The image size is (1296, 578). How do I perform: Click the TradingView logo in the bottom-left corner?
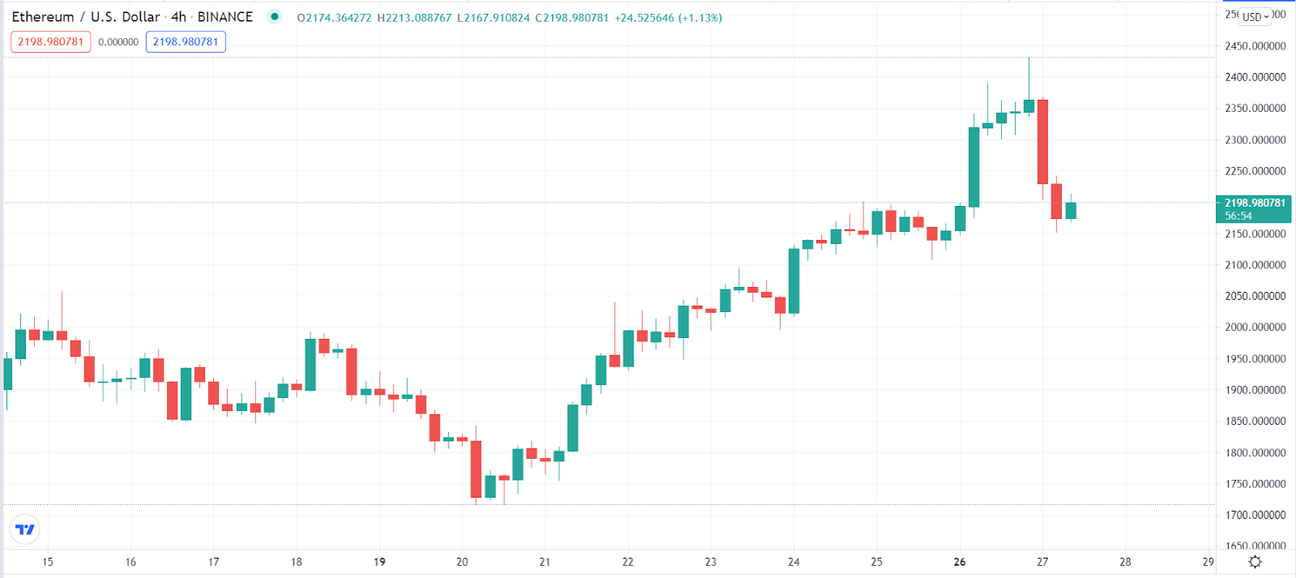pyautogui.click(x=25, y=529)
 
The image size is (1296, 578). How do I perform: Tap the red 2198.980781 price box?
pyautogui.click(x=51, y=42)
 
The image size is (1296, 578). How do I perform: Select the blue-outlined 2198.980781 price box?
pyautogui.click(x=185, y=42)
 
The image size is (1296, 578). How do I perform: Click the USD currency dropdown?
pyautogui.click(x=1255, y=17)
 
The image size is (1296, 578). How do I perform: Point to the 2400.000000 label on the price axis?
pyautogui.click(x=1255, y=77)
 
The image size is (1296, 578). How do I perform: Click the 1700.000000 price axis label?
pyautogui.click(x=1255, y=515)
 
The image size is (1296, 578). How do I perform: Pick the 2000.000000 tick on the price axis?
pyautogui.click(x=1255, y=328)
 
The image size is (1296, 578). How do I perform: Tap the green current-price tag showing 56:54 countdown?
pyautogui.click(x=1253, y=209)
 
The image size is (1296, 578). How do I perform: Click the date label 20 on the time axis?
pyautogui.click(x=462, y=562)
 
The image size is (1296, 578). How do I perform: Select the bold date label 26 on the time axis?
pyautogui.click(x=960, y=562)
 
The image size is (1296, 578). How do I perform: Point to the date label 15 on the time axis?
pyautogui.click(x=48, y=562)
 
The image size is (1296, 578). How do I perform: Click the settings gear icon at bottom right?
pyautogui.click(x=1255, y=562)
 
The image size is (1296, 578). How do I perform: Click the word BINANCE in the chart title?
pyautogui.click(x=225, y=17)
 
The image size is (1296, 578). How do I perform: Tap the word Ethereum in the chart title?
pyautogui.click(x=43, y=17)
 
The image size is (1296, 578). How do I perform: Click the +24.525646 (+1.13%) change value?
pyautogui.click(x=668, y=18)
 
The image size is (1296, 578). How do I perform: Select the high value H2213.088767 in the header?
pyautogui.click(x=414, y=18)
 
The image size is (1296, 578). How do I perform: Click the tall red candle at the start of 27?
pyautogui.click(x=1042, y=142)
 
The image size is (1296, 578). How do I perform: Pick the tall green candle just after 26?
pyautogui.click(x=974, y=167)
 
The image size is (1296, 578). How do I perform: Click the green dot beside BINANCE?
pyautogui.click(x=275, y=16)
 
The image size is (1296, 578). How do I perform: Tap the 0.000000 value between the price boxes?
pyautogui.click(x=118, y=42)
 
